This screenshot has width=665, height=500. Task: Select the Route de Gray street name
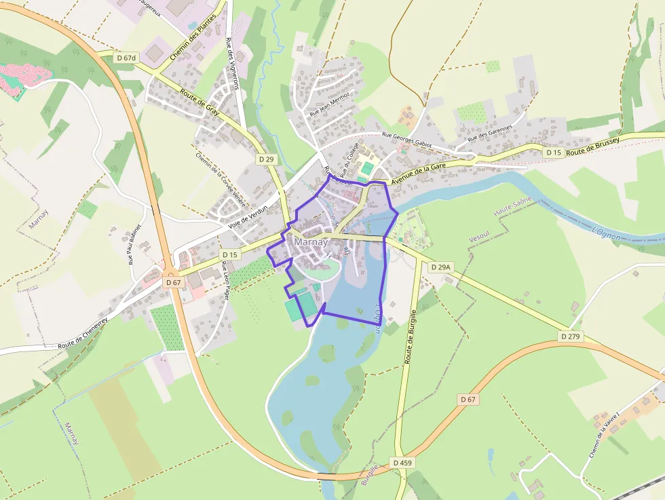[x=199, y=102]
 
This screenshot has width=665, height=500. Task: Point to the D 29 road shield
[x=267, y=158]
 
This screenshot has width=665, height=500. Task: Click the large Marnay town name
[x=311, y=242]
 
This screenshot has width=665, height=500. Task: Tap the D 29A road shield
[x=440, y=267]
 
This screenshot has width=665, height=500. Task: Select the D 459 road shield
[x=402, y=463]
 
